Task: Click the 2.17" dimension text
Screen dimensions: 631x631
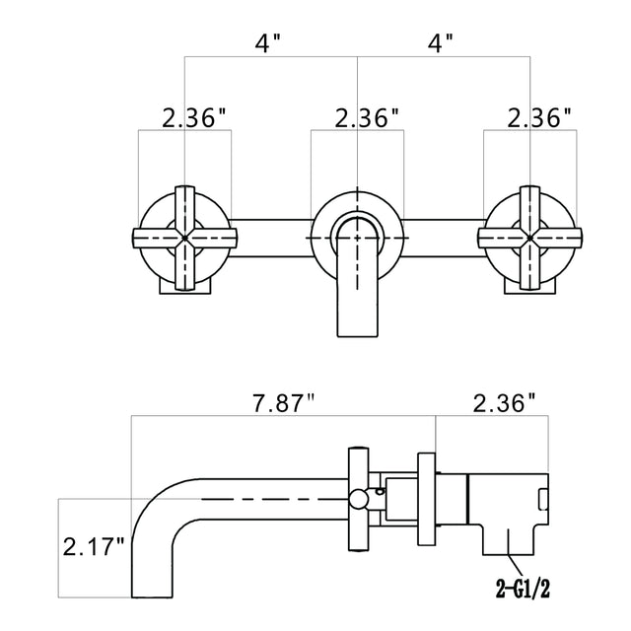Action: [94, 545]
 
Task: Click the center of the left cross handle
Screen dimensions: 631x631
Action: [184, 237]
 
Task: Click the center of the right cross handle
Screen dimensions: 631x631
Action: [530, 237]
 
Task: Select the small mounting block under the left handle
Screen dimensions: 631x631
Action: [184, 284]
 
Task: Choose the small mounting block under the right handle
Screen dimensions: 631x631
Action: [530, 284]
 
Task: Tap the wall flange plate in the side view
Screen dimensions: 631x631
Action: [427, 500]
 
